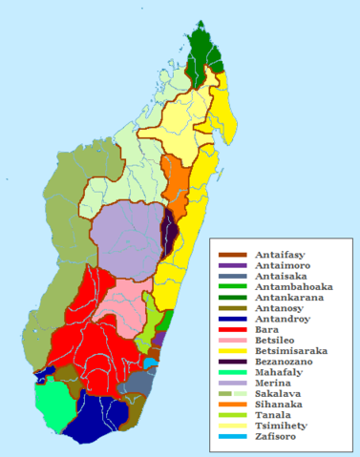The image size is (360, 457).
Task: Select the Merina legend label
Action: (277, 383)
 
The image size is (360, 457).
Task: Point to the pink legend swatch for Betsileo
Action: (232, 340)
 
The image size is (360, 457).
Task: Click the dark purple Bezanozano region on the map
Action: (169, 234)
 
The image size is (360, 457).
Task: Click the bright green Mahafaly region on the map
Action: (53, 408)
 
